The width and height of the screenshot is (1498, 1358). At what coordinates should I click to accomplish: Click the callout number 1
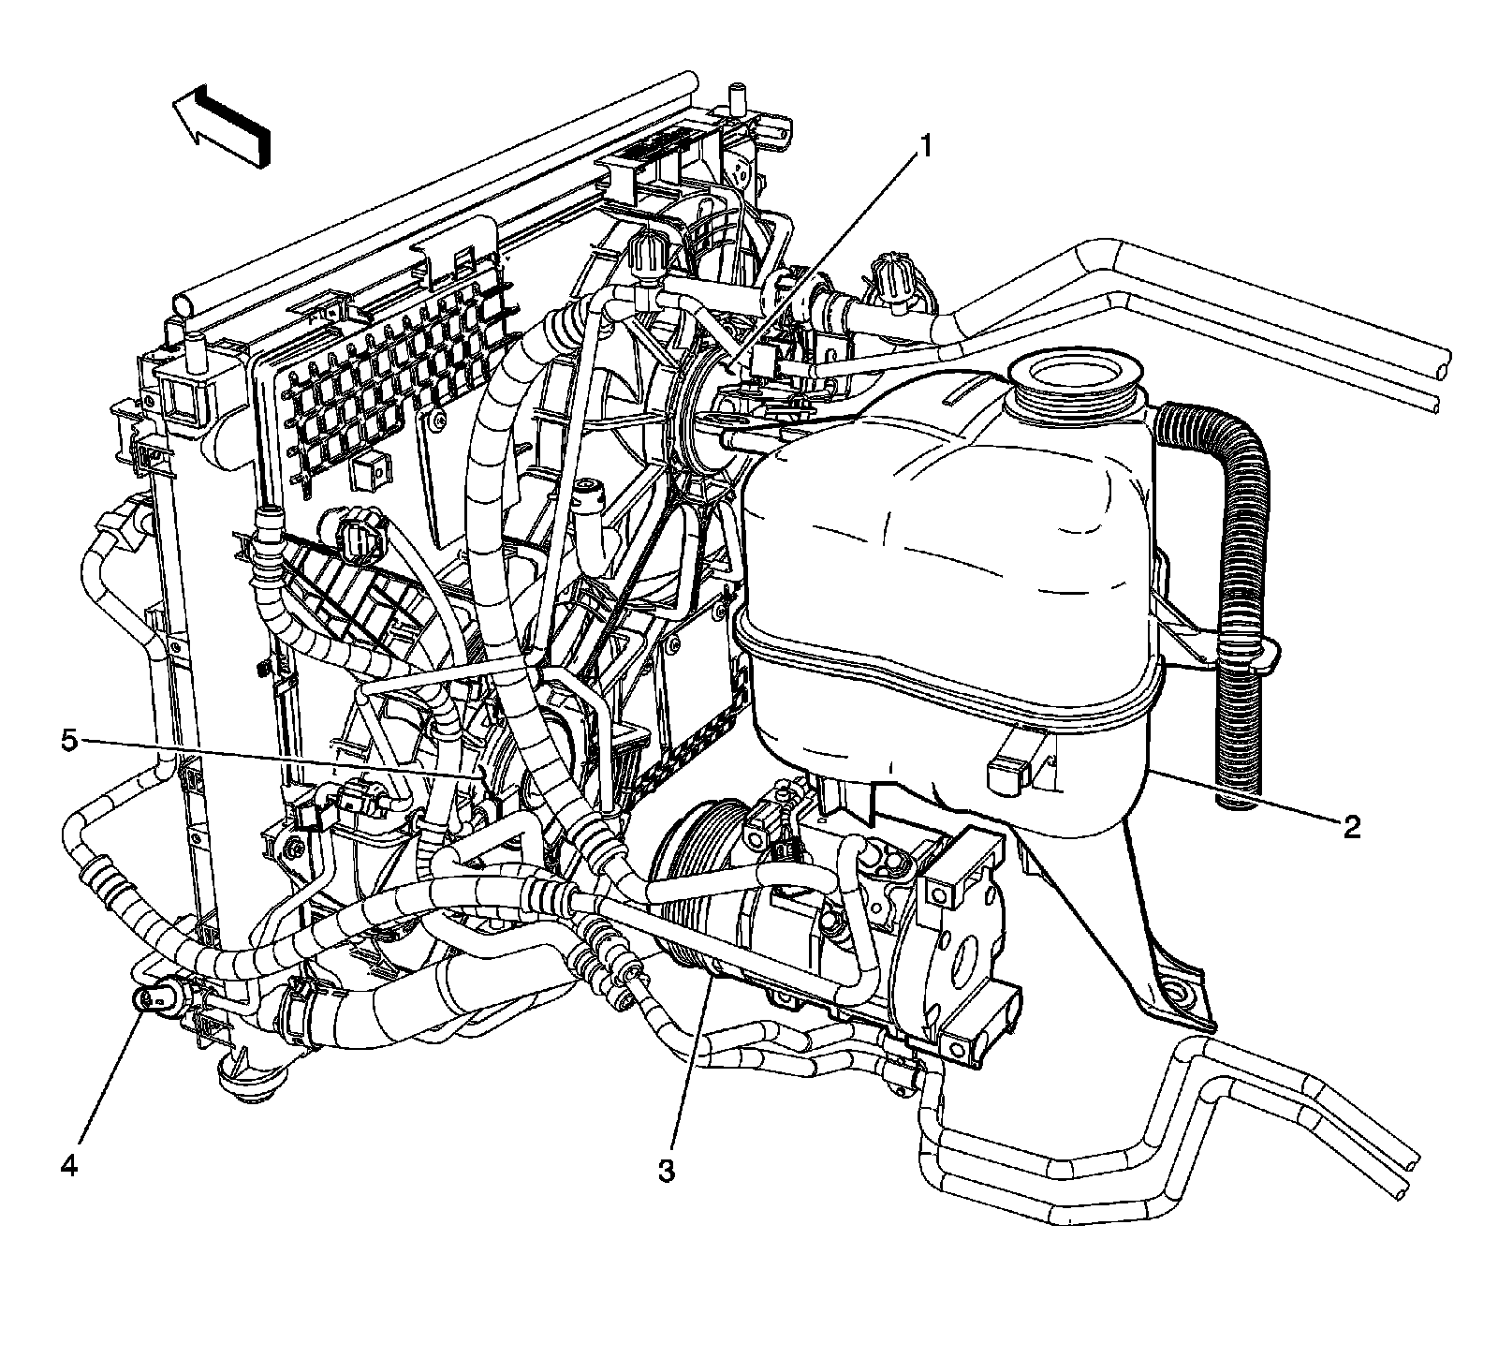[x=926, y=147]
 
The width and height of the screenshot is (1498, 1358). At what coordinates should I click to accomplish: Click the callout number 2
[x=1351, y=826]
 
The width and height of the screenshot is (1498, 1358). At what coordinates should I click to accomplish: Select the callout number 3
[x=666, y=1171]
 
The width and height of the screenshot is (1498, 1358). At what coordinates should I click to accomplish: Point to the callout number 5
[x=69, y=741]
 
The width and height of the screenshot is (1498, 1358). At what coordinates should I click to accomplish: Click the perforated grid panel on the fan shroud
[x=403, y=393]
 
